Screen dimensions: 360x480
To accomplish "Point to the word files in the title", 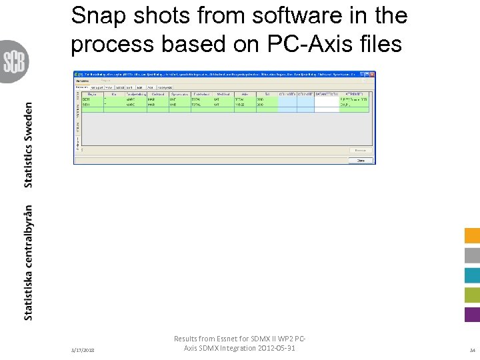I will click(380, 44).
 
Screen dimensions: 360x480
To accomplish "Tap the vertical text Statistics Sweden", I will click(28, 145).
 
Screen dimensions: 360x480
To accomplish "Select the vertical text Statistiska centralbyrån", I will click(28, 263).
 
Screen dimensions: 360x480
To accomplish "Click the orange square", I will click(472, 236).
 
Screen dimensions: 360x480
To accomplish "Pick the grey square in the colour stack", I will click(472, 255).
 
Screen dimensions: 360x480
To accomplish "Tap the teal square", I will click(472, 275).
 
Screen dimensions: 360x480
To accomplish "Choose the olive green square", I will click(472, 295).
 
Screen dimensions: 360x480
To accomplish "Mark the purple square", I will click(472, 315).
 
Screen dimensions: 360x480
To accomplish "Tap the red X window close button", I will click(372, 74).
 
